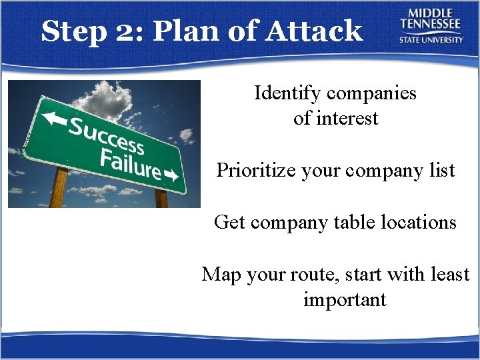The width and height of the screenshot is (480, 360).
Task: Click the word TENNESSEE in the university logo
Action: [431, 25]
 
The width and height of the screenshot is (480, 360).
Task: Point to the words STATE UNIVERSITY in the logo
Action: [431, 39]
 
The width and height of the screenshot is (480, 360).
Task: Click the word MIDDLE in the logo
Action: [431, 13]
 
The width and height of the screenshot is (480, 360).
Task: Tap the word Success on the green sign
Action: [107, 134]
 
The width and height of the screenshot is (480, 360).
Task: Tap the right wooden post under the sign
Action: [161, 198]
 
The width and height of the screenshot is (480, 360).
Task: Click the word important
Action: [344, 300]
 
